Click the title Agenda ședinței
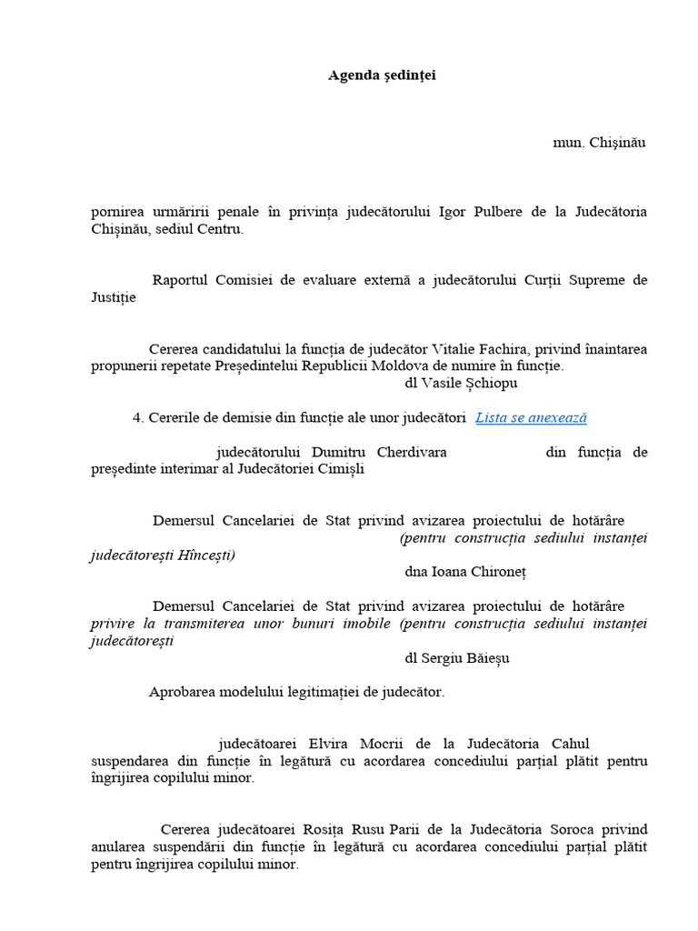tap(382, 75)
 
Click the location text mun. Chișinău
tap(599, 143)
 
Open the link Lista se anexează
tap(531, 417)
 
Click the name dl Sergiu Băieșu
tap(457, 658)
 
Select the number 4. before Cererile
tap(138, 418)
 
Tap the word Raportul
tap(182, 280)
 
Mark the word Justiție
tap(114, 297)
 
